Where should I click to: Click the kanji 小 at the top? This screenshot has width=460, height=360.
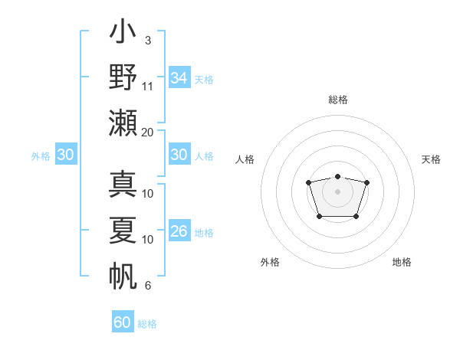tap(123, 34)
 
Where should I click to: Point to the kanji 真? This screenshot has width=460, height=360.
tap(123, 185)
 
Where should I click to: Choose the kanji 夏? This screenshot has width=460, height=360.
tap(123, 230)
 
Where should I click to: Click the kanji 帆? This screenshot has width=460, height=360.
tap(123, 275)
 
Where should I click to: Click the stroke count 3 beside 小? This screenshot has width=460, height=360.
tap(148, 40)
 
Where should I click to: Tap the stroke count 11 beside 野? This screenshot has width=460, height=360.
tap(148, 86)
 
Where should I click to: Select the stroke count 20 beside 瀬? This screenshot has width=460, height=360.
tap(148, 131)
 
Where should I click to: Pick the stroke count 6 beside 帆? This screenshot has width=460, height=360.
tap(148, 286)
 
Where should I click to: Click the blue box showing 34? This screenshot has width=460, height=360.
tap(179, 78)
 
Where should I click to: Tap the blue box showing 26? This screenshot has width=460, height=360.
tap(179, 232)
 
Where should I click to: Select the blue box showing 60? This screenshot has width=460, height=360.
tap(123, 322)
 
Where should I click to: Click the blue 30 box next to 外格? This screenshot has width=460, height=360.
tap(65, 155)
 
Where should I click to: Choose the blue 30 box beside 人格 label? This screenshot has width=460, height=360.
tap(179, 155)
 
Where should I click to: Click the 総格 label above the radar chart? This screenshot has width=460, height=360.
tap(337, 100)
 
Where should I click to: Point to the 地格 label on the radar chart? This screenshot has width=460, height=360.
tap(402, 262)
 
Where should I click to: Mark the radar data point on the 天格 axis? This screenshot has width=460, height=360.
tap(366, 182)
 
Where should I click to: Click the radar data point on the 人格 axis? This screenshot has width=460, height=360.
tap(308, 182)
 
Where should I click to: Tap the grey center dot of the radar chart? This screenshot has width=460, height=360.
tap(337, 191)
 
